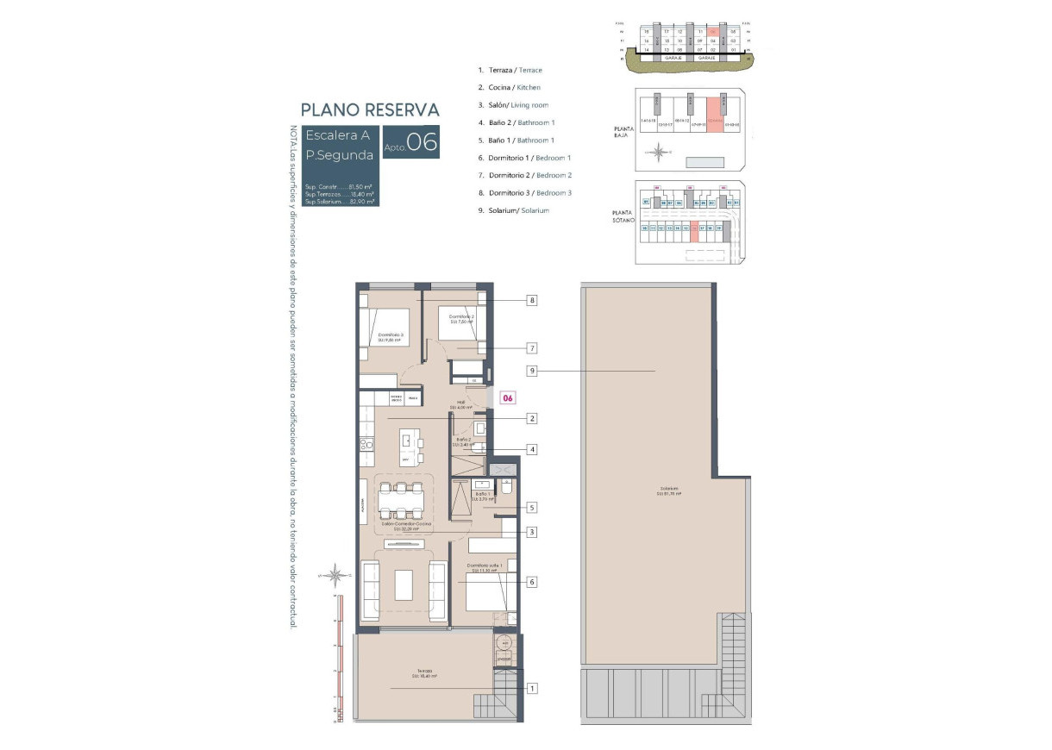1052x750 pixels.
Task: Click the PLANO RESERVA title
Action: coord(370,109)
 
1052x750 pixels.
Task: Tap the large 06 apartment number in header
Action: coord(423,142)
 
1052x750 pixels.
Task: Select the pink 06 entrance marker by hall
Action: coord(509,398)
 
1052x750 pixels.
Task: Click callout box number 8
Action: coord(533,301)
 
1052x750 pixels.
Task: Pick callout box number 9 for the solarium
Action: coord(533,371)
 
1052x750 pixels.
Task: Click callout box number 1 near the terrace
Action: coord(533,688)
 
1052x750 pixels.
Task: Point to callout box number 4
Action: coord(533,449)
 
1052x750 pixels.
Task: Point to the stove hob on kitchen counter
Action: coord(366,445)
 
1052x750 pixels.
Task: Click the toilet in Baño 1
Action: coord(507,488)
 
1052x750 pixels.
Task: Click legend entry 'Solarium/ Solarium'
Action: coord(513,210)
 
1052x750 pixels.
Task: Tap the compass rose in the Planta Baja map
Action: coord(659,154)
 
